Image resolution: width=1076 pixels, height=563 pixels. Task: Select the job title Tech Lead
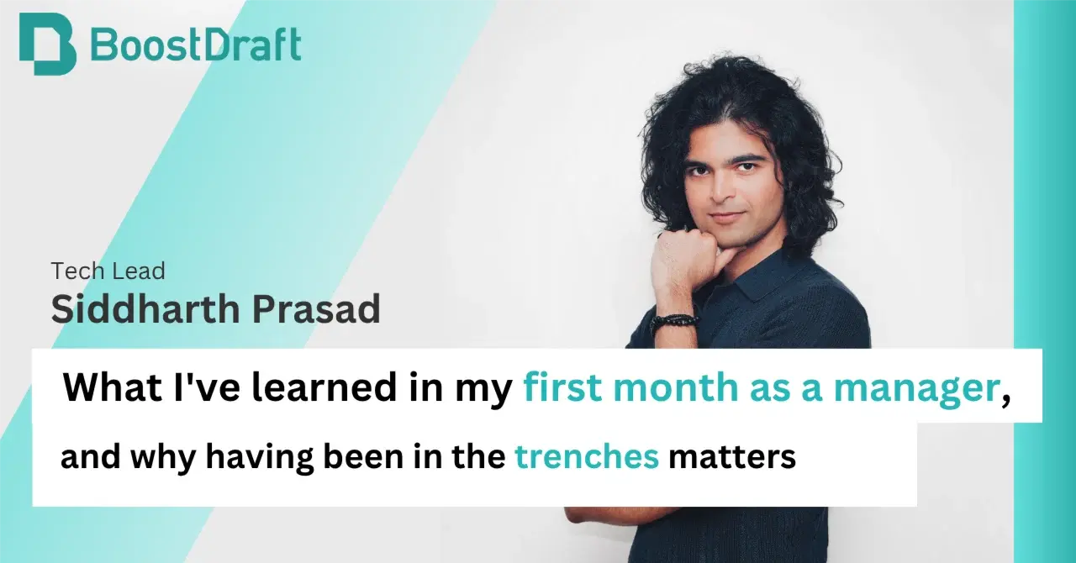(x=108, y=271)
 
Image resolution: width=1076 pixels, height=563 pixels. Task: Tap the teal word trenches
(x=586, y=458)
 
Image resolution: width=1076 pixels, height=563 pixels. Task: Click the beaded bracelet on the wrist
(x=674, y=320)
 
